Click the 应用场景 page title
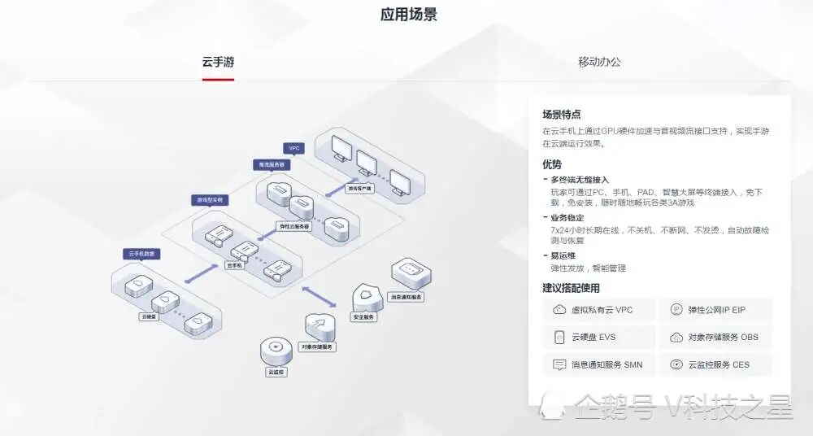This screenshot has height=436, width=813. (408, 15)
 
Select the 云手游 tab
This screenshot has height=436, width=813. (218, 62)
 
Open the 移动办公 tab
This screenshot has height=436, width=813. (599, 62)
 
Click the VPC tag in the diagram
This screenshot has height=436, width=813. (293, 149)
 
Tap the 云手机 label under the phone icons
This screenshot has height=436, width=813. (235, 265)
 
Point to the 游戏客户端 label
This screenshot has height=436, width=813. (359, 188)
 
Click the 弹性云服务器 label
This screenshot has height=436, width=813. (293, 227)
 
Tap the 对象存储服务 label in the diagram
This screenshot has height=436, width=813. (317, 347)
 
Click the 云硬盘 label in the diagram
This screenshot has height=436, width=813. (149, 316)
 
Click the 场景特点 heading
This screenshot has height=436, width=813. (562, 115)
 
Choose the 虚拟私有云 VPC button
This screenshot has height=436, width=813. (598, 310)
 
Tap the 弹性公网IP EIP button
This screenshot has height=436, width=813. (715, 310)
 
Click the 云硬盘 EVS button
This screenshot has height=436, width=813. (598, 338)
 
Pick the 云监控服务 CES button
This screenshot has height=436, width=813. (715, 364)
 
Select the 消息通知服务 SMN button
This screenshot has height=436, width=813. (598, 364)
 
